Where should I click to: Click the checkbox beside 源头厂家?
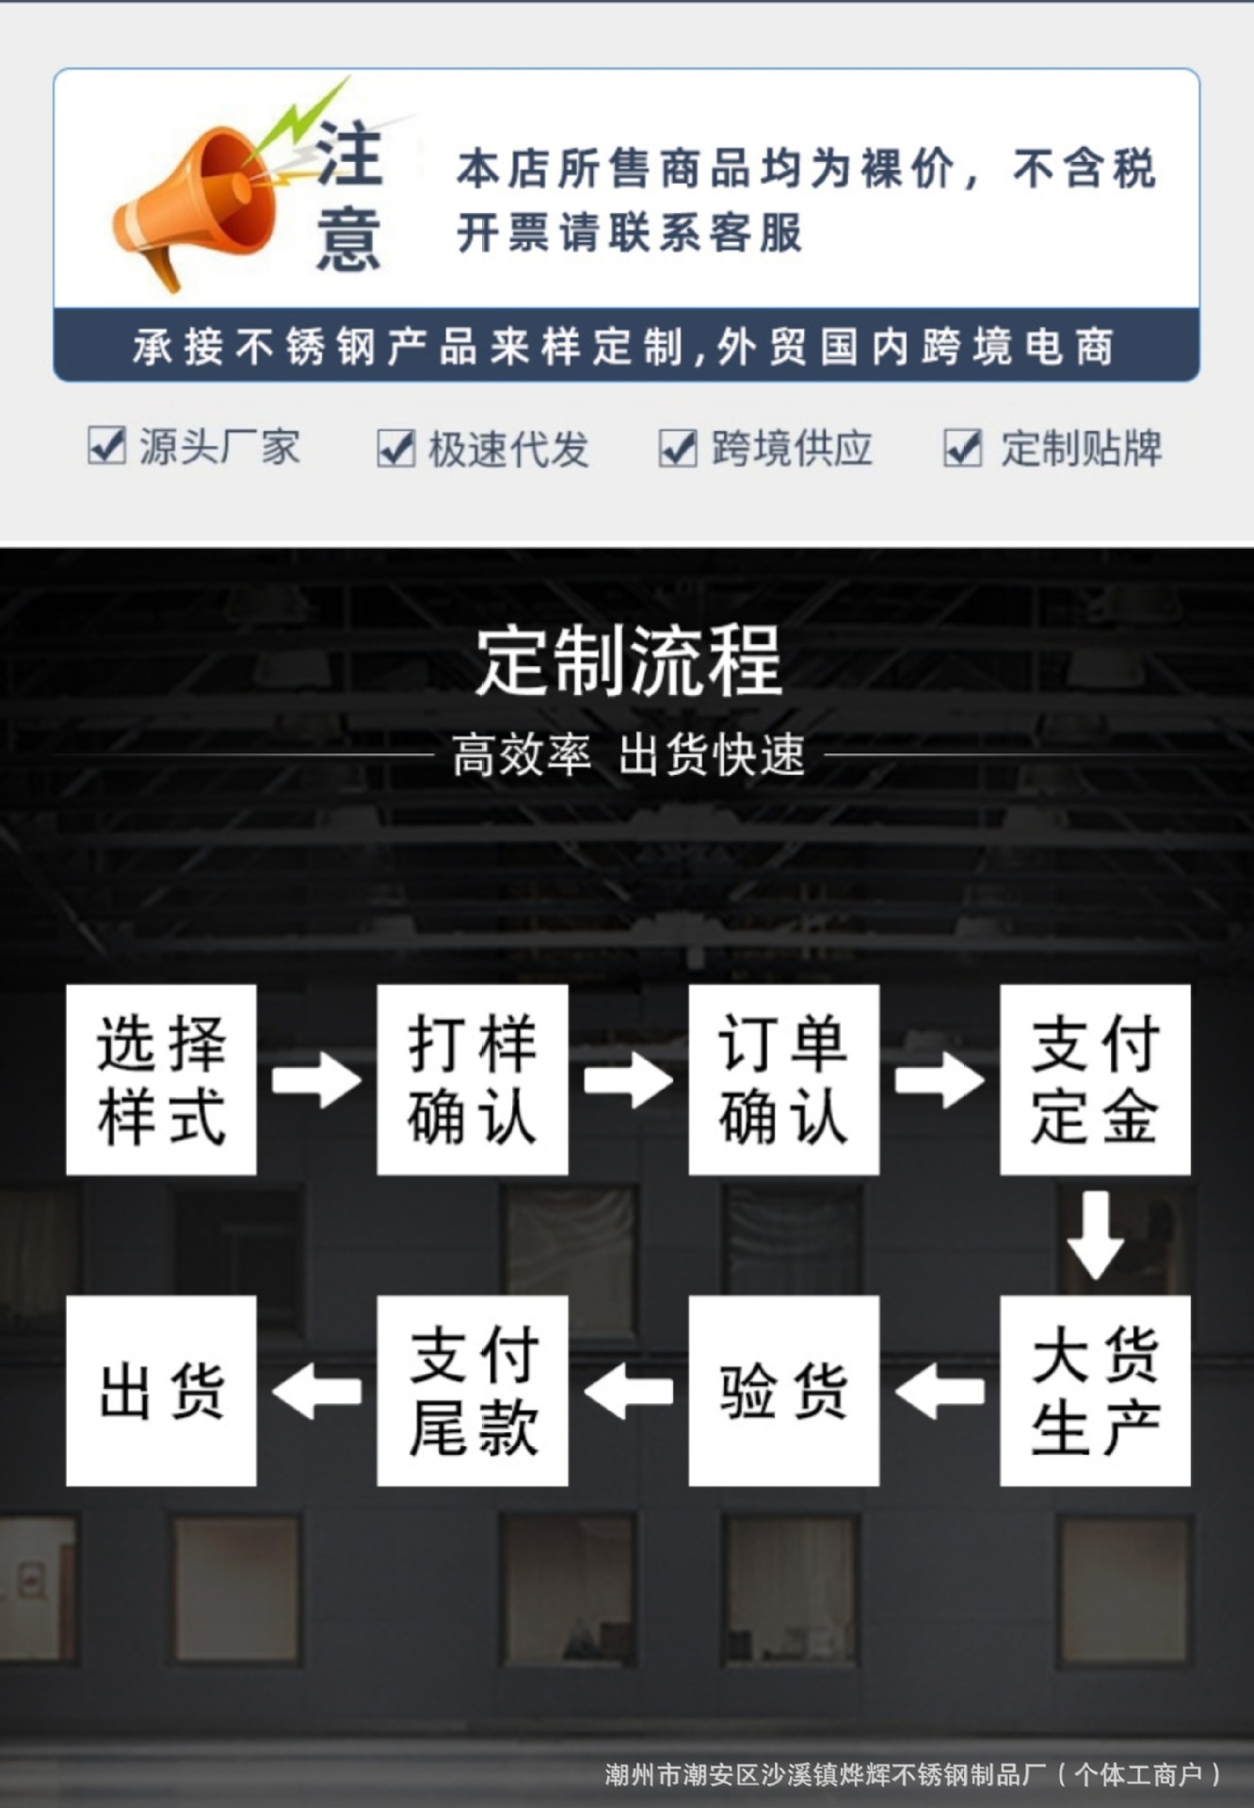click(x=106, y=445)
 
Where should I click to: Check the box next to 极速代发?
click(x=395, y=448)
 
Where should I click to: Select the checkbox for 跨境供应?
click(x=678, y=448)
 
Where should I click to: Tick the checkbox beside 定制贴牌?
click(x=962, y=448)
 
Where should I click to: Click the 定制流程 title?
click(x=628, y=661)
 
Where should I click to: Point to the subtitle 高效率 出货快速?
click(x=628, y=755)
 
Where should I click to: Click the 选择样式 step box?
click(x=161, y=1079)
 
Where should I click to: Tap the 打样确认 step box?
click(x=473, y=1079)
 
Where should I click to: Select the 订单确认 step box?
click(x=783, y=1079)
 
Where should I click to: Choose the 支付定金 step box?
click(x=1095, y=1079)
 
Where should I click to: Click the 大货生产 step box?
click(x=1095, y=1390)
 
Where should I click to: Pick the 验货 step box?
click(x=783, y=1390)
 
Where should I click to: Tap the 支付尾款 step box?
click(x=473, y=1390)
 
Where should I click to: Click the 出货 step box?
click(x=161, y=1390)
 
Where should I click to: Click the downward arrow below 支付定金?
click(x=1095, y=1235)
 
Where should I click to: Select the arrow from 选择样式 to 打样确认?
click(x=316, y=1079)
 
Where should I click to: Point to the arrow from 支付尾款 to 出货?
click(x=316, y=1391)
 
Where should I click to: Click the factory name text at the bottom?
click(x=911, y=1775)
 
